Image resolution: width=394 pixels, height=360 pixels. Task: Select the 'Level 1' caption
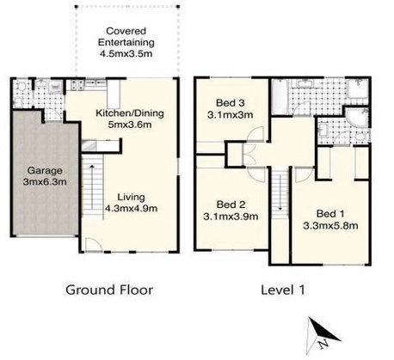coord(284,290)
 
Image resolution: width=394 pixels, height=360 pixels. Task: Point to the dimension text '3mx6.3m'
coord(38,182)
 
